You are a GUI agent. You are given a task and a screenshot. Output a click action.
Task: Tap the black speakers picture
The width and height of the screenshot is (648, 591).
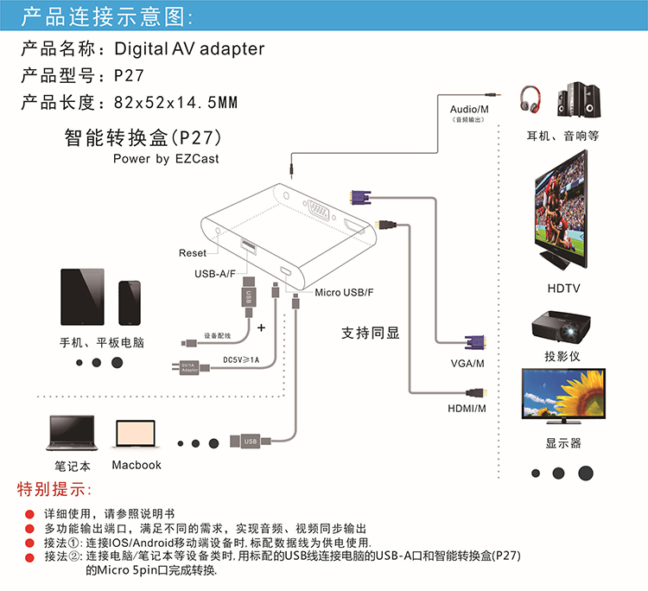point(580,101)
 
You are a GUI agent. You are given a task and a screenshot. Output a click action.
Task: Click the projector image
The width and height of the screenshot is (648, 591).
point(562,327)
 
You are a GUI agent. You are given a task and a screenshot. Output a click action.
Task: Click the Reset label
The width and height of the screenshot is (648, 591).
point(193,253)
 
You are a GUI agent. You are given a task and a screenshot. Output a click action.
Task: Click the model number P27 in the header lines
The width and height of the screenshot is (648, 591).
point(129,75)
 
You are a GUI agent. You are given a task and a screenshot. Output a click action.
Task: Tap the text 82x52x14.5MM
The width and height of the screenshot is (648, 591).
point(175,103)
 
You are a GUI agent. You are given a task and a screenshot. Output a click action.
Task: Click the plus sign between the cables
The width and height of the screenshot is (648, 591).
point(261,327)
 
